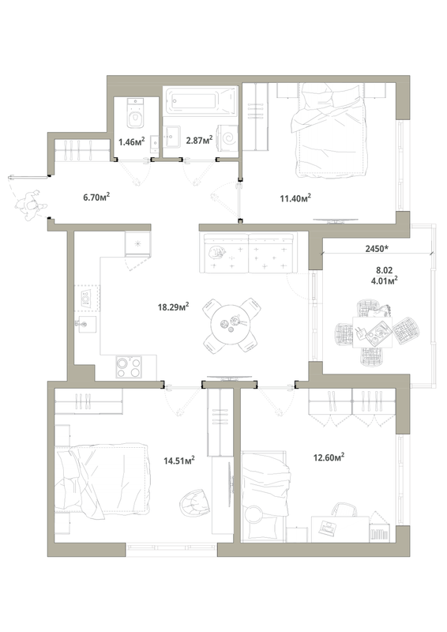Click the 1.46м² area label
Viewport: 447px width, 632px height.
[131, 141]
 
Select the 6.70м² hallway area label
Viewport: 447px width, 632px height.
[96, 197]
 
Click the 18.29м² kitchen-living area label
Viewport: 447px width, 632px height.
[173, 307]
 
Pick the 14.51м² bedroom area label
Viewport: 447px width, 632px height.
[179, 460]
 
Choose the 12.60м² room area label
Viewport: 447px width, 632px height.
[329, 457]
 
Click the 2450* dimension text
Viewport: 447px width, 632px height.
[377, 249]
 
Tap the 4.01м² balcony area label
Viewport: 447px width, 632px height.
[385, 280]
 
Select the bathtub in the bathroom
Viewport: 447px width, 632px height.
[200, 101]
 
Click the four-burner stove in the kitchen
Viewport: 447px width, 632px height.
[129, 367]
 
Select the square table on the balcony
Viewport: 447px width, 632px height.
[373, 332]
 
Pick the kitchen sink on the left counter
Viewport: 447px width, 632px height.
[86, 325]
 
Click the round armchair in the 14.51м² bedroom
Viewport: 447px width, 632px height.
[195, 502]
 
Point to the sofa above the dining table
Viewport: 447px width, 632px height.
[248, 253]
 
